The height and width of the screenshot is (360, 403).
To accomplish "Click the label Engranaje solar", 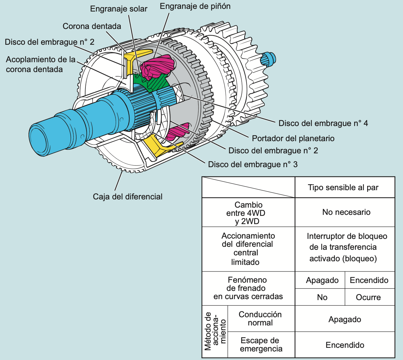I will click(119, 9).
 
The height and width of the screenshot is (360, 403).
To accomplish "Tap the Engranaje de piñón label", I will click(195, 6).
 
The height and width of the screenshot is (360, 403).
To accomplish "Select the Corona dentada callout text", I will click(92, 26).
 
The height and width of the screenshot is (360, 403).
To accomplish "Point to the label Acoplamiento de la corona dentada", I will click(40, 64).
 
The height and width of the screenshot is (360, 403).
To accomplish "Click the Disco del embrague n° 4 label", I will click(323, 123).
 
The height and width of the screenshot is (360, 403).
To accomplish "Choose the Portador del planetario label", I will click(293, 138).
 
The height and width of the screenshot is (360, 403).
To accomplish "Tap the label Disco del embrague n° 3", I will click(253, 164).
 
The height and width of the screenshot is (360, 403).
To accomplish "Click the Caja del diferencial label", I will click(128, 197).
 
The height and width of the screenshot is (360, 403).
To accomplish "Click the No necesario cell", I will click(346, 212).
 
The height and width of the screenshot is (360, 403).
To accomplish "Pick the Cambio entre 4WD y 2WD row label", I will click(249, 213).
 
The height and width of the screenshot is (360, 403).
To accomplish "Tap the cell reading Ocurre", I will click(368, 297).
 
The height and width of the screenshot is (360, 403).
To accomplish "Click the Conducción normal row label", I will click(260, 319).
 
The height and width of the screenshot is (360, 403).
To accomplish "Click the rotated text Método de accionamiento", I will click(215, 331).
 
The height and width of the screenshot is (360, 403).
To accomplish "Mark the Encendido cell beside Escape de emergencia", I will click(345, 345).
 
